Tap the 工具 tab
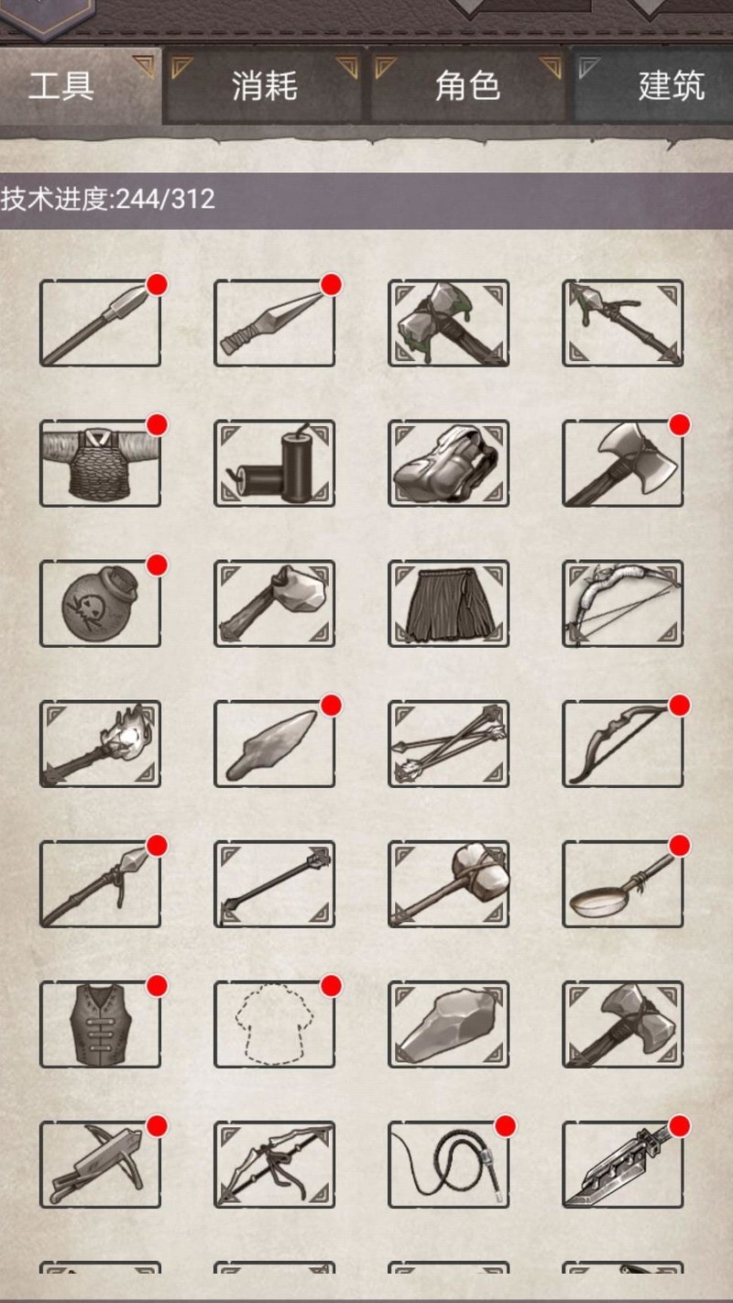point(61,86)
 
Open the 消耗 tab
point(264,86)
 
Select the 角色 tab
point(467,86)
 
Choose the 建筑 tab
point(671,86)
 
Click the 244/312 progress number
point(166,199)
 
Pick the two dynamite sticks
point(274,464)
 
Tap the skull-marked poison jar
point(100,603)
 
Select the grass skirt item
point(449,604)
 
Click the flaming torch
point(100,743)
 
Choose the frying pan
point(622,884)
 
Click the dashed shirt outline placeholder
point(274,1024)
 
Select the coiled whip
point(449,1164)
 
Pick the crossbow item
point(100,1164)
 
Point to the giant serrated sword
point(622,1164)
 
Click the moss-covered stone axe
point(449,323)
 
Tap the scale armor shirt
point(100,464)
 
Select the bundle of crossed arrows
point(449,744)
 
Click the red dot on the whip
point(505,1126)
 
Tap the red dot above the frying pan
point(680,845)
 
